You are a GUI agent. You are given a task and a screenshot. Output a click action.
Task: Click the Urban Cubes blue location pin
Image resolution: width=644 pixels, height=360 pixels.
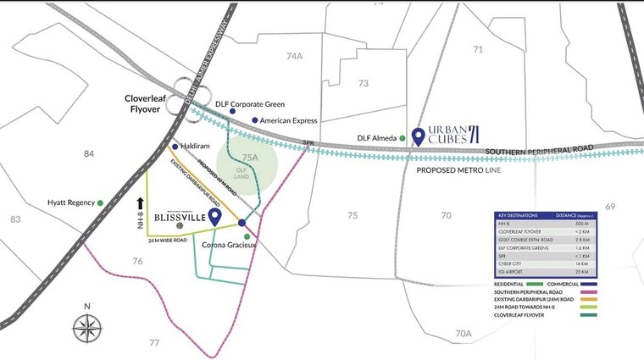click(x=418, y=136)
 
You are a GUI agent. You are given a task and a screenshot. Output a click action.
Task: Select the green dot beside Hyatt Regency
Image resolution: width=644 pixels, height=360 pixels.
click(x=100, y=202)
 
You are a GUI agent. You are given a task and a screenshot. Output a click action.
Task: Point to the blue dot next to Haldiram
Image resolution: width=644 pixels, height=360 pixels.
click(x=175, y=146)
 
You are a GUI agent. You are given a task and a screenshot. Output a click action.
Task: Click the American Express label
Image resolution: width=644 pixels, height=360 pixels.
click(x=288, y=120)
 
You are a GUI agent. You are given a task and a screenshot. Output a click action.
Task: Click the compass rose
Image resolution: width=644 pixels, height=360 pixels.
click(x=86, y=325)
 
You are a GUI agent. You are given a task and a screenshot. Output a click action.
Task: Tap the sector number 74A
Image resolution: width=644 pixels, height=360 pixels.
click(x=294, y=57)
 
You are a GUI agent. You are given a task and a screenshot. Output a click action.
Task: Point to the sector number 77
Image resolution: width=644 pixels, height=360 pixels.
click(x=153, y=342)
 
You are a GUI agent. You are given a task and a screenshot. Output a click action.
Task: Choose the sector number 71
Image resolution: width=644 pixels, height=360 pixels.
click(x=478, y=50)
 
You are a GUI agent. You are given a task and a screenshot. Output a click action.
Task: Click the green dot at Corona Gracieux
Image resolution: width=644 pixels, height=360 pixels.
click(x=247, y=236)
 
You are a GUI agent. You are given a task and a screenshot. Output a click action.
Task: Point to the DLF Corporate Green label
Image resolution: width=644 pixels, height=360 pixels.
click(x=250, y=104)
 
